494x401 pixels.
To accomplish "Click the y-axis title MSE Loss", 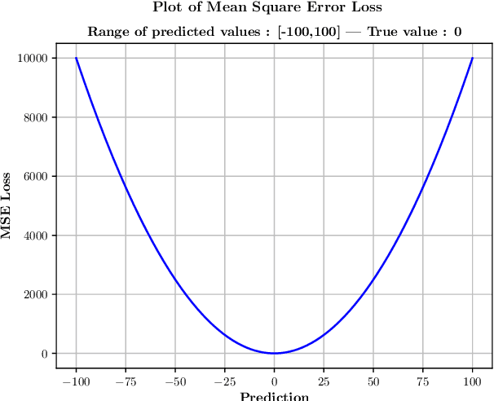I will tap(7, 205).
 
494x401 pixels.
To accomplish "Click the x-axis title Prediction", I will tap(275, 396).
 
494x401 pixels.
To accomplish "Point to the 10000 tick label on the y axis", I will tap(33, 59).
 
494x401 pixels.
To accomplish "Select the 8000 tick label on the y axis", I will tap(35, 117).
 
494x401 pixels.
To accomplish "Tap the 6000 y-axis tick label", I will tap(35, 177).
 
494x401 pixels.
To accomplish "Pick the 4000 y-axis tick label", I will tap(35, 236).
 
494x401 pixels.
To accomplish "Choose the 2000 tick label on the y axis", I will tap(35, 295).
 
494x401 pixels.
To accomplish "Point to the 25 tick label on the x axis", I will tap(324, 381).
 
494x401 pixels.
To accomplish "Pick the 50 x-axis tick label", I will tap(373, 381).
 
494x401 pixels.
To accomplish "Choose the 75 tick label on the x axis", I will tap(423, 381).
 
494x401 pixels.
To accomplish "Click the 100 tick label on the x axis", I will tap(473, 381).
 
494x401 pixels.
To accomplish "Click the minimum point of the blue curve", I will tap(275, 353).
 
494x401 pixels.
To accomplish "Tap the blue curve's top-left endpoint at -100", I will tap(76, 58).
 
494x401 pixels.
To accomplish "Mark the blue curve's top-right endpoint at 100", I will tap(473, 58).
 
